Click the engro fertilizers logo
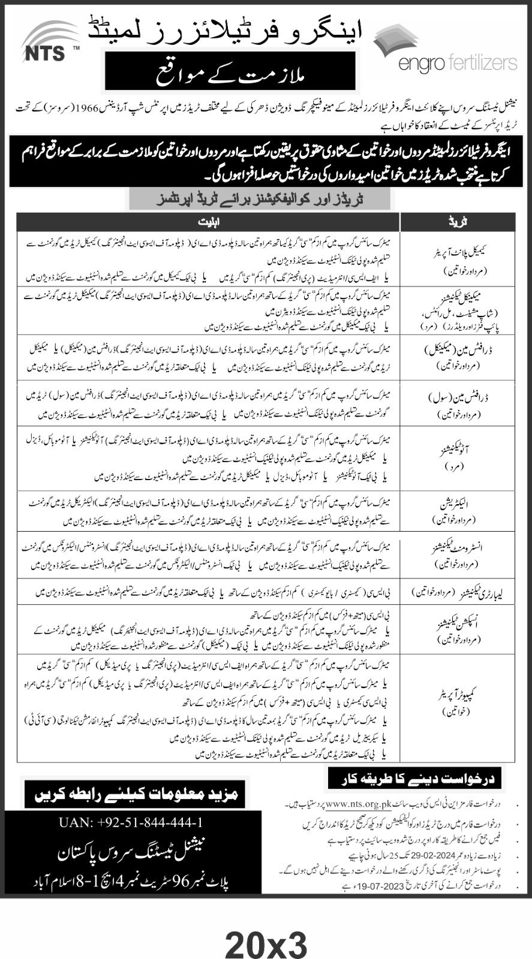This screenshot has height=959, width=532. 444,50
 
